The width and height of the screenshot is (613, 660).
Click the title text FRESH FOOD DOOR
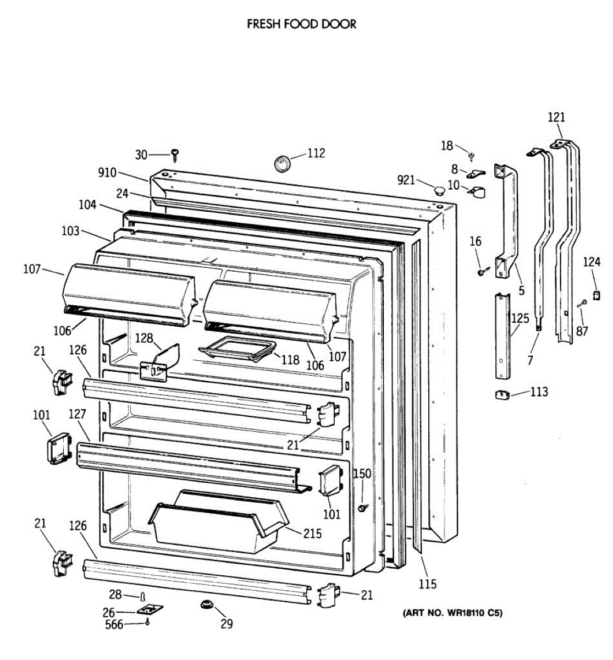pos(301,24)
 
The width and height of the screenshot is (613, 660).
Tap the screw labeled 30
pos(175,155)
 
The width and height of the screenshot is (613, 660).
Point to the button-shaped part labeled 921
pos(439,191)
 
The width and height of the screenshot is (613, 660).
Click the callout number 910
pos(107,173)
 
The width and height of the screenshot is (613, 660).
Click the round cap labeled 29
pos(207,604)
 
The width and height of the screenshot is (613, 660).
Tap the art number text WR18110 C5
pos(452,613)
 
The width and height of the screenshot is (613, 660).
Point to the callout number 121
pos(556,117)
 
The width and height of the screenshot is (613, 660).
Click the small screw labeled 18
pos(471,157)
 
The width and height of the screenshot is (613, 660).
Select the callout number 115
pos(427,584)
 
